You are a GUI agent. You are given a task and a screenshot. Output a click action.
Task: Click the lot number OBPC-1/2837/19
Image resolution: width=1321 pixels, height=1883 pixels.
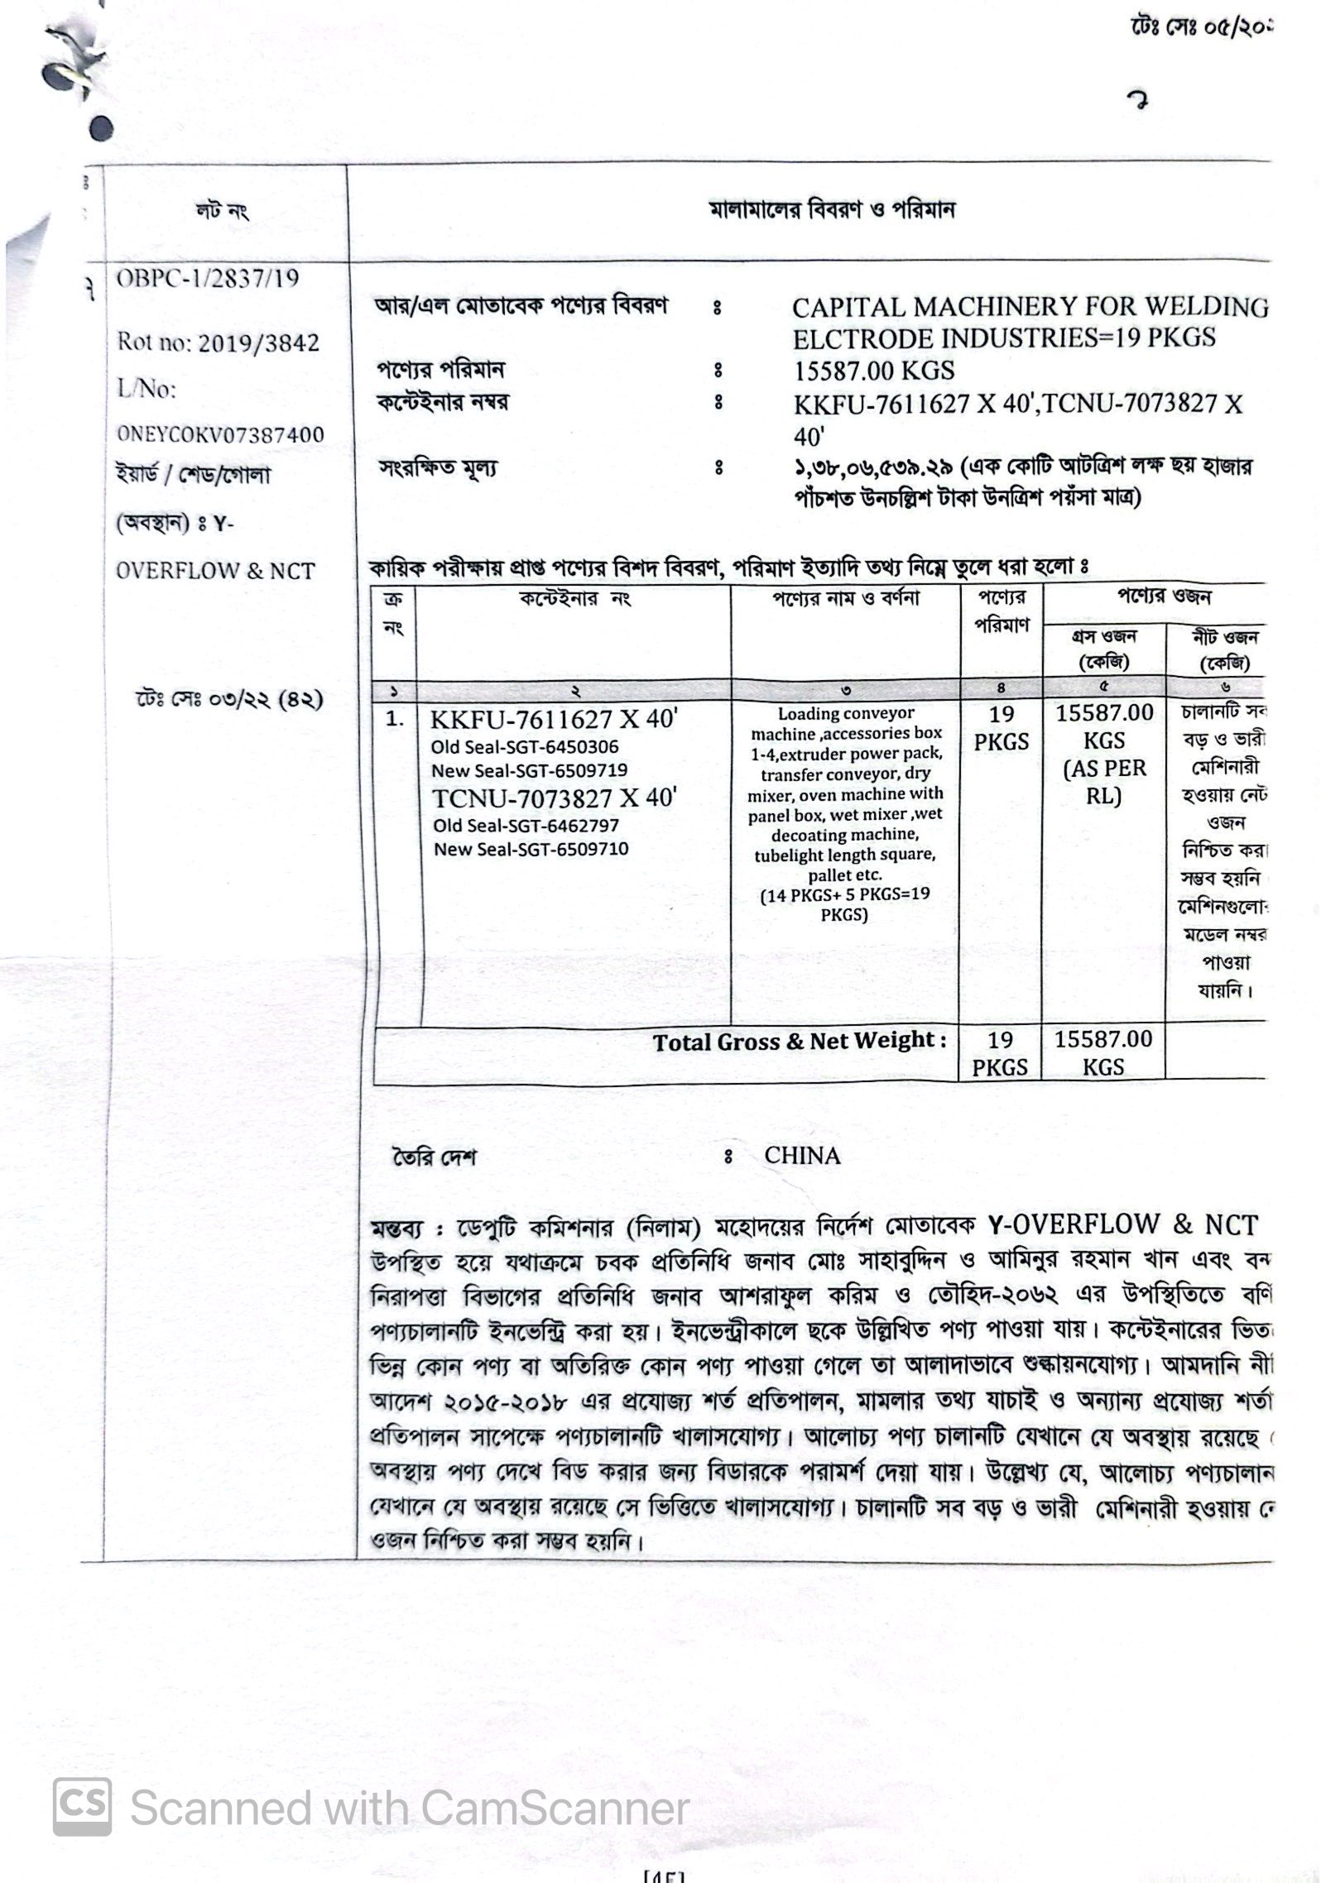[x=207, y=278]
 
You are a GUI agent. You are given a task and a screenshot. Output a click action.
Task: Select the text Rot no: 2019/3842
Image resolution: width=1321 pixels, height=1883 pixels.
[x=218, y=343]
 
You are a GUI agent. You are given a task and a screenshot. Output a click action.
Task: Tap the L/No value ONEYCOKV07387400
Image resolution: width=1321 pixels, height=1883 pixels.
[x=219, y=434]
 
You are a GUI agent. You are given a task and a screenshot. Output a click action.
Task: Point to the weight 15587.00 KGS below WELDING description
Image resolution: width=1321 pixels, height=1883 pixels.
[x=873, y=370]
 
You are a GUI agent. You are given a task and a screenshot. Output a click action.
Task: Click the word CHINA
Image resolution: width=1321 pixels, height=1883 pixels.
[x=802, y=1155]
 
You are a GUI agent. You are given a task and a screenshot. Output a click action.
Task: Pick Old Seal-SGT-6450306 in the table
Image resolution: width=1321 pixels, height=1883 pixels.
[x=525, y=747]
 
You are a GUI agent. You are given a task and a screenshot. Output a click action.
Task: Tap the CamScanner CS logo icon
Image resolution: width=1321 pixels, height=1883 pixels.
[x=82, y=1809]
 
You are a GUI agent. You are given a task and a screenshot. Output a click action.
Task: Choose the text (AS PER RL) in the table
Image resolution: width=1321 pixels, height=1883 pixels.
[x=1104, y=782]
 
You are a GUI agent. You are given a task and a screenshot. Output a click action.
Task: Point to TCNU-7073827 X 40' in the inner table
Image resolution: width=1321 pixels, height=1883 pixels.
[x=555, y=798]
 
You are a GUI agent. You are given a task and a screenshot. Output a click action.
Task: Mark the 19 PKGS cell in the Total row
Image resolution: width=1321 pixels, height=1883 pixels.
[x=1000, y=1052]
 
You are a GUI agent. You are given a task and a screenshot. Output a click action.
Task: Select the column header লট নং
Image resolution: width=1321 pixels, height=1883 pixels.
[x=221, y=212]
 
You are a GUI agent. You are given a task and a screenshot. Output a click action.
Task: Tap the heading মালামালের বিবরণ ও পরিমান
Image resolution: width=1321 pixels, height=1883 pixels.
[x=832, y=210]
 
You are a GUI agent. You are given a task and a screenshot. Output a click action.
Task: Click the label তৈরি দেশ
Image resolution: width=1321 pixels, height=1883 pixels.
[x=434, y=1157]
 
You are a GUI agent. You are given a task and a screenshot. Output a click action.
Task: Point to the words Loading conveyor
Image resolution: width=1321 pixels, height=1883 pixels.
[x=845, y=713]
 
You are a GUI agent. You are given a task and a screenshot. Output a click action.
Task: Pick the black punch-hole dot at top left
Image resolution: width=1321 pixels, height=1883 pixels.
[x=101, y=128]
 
